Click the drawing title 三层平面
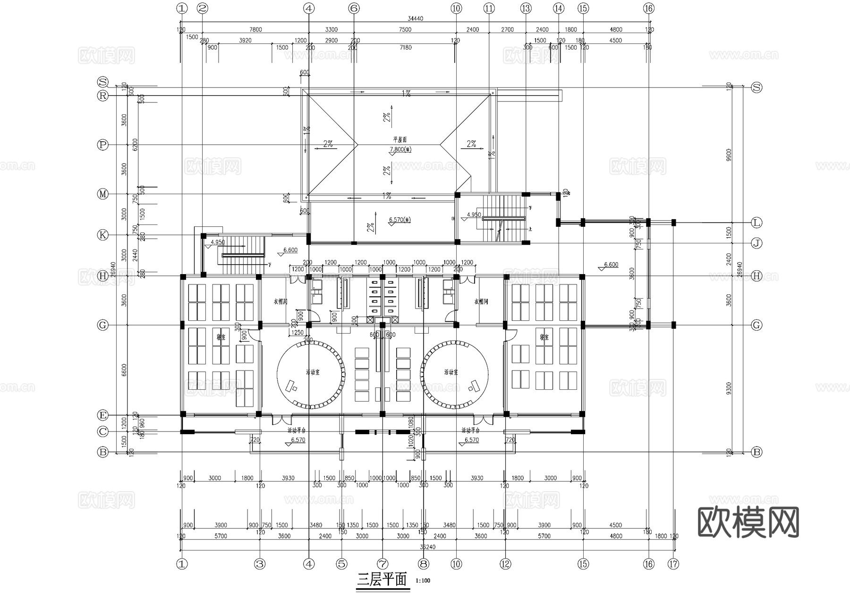[382, 580]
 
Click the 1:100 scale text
[423, 581]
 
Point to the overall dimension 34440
[415, 18]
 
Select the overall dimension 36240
[427, 547]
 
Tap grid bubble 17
[673, 564]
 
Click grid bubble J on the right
[756, 243]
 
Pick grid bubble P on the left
[102, 145]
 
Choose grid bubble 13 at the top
[526, 8]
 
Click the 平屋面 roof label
[400, 140]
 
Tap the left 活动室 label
[312, 372]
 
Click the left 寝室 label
[221, 337]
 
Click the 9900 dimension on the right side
[729, 155]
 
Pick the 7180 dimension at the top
[406, 47]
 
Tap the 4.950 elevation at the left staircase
[218, 242]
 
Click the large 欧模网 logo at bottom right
[748, 522]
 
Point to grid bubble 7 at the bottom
[382, 564]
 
